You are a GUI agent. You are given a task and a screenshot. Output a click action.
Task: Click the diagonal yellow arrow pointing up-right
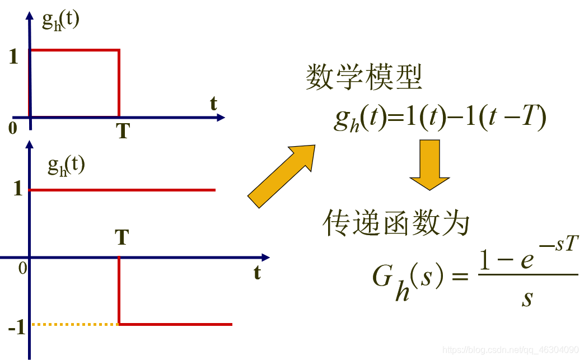pyautogui.click(x=282, y=176)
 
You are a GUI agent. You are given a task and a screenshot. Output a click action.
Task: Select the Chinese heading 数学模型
pyautogui.click(x=364, y=78)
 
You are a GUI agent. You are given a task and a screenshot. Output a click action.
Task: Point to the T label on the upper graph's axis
pyautogui.click(x=123, y=131)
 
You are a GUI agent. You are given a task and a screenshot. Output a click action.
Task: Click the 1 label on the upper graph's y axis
pyautogui.click(x=14, y=57)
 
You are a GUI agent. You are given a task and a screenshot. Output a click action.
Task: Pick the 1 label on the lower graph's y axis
pyautogui.click(x=17, y=189)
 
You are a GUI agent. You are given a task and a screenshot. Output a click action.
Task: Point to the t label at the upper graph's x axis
pyautogui.click(x=214, y=104)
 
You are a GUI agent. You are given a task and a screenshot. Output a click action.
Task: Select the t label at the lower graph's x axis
pyautogui.click(x=257, y=273)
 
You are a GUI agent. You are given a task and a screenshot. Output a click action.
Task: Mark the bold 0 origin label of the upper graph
pyautogui.click(x=13, y=128)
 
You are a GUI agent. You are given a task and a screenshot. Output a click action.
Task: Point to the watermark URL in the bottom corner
pyautogui.click(x=510, y=350)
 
